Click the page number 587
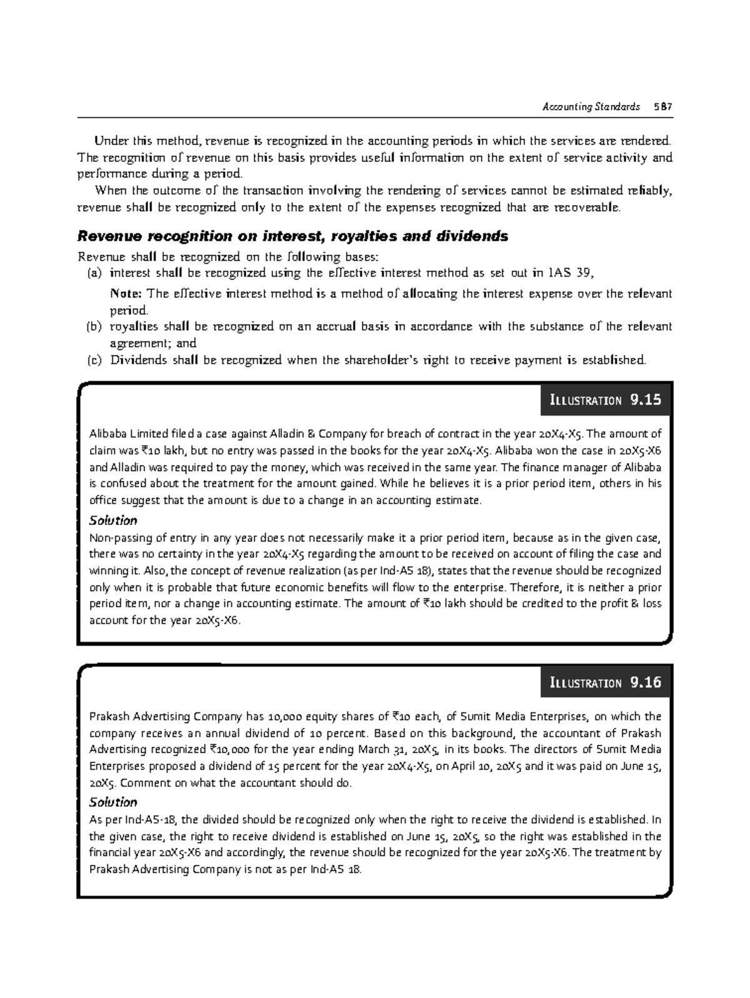click(662, 106)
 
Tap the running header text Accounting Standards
click(591, 106)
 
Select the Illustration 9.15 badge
click(605, 400)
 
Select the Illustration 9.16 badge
click(605, 682)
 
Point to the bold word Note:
click(126, 294)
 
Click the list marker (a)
click(92, 273)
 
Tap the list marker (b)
click(92, 326)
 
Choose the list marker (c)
click(92, 360)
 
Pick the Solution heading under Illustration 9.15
click(113, 521)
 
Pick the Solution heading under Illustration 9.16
click(113, 802)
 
